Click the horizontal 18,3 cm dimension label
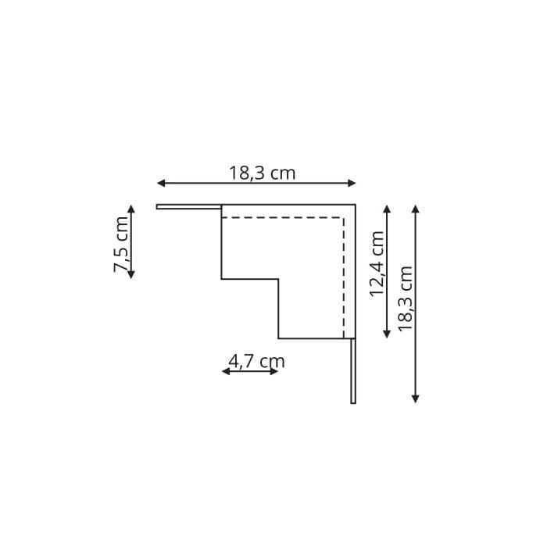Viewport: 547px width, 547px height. click(262, 173)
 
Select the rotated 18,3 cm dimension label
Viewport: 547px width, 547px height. click(405, 299)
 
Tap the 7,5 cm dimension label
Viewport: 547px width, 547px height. click(121, 244)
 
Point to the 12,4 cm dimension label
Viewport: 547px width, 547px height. click(377, 263)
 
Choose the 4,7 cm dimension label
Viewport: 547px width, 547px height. click(256, 361)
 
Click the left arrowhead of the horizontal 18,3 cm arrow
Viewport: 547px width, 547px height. click(160, 183)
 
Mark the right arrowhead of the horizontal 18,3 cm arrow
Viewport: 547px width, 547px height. click(352, 183)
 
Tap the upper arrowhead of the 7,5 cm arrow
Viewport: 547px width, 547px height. click(131, 209)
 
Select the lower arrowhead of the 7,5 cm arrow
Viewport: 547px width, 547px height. click(131, 275)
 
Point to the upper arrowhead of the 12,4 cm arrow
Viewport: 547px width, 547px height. click(387, 209)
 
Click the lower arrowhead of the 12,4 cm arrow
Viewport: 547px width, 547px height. click(387, 334)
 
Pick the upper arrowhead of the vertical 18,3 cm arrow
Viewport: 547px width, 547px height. click(416, 209)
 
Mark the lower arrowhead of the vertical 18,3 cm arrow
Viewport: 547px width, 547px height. click(416, 399)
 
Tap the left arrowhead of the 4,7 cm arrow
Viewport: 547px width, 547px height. click(225, 371)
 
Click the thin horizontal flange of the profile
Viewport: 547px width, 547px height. click(188, 207)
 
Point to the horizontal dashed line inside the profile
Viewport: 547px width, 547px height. click(281, 218)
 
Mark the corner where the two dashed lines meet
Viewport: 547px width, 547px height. click(344, 218)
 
